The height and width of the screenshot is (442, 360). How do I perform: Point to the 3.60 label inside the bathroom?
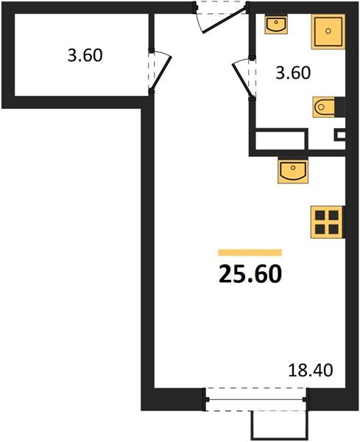294,73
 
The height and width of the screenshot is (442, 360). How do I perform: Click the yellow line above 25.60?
250,252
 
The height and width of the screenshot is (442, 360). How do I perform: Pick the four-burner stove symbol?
326,221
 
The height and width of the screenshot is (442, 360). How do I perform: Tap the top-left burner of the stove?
320,215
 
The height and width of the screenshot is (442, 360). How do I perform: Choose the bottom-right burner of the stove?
333,228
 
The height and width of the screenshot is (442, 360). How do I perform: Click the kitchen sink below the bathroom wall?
293,172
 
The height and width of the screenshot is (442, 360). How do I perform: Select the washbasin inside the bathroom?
275,26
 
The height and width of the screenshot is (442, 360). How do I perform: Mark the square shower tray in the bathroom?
326,32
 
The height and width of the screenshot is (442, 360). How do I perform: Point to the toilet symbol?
325,108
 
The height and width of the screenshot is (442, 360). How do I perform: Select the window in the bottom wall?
255,399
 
